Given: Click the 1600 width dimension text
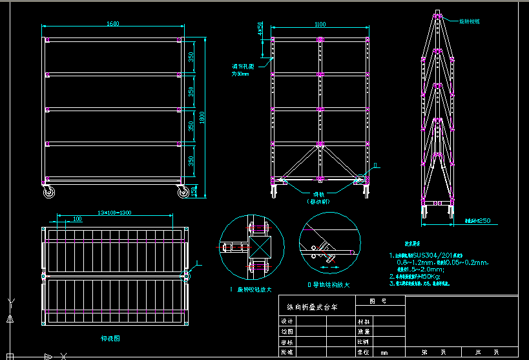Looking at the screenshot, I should [x=112, y=24].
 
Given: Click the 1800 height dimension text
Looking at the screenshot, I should [x=202, y=118].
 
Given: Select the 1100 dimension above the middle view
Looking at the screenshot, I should [x=320, y=25].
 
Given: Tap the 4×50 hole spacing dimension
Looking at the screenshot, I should [x=260, y=30].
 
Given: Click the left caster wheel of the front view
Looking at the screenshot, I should [x=48, y=191].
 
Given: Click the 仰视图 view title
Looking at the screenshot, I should [x=111, y=338].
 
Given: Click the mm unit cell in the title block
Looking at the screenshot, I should [x=384, y=352].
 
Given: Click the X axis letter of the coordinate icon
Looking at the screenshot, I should [x=63, y=355].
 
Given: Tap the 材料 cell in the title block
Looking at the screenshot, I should [x=364, y=320].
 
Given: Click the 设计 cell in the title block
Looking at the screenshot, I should [x=287, y=320].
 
